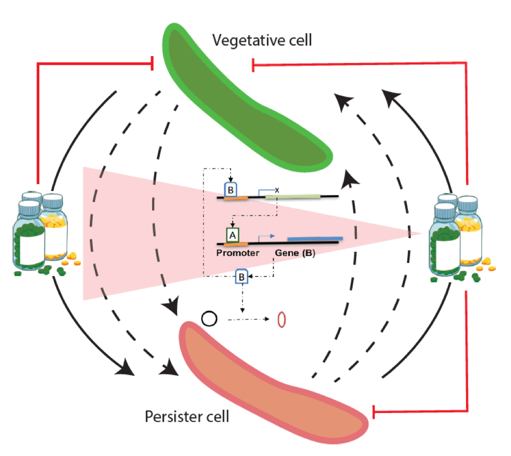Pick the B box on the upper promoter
[231, 189]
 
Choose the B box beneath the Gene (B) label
[241, 276]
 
